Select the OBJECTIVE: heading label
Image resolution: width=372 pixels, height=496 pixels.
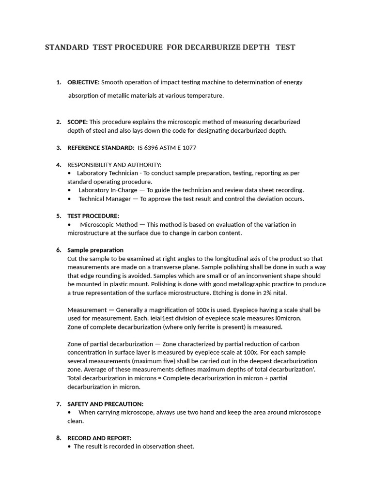(83, 82)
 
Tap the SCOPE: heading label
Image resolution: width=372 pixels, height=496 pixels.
(77, 122)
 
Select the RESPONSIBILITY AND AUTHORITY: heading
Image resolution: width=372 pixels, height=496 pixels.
(114, 165)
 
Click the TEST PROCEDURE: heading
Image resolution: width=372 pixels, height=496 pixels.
(93, 216)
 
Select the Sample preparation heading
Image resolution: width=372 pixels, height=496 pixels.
(95, 250)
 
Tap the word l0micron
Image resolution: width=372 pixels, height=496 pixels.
(288, 318)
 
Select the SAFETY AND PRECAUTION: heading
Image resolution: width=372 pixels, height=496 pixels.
(105, 404)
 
